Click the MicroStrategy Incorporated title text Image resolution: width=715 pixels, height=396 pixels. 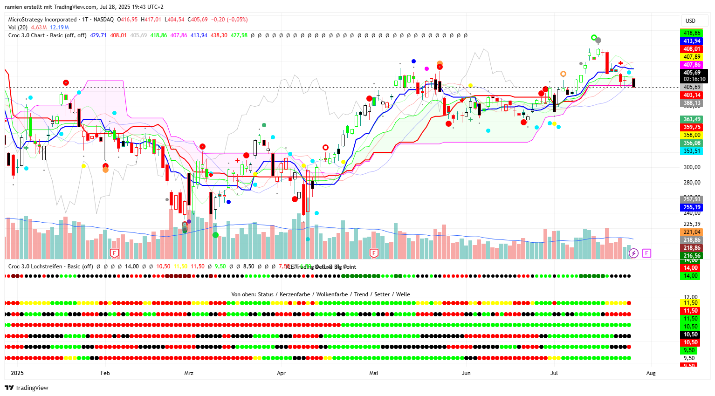pos(42,20)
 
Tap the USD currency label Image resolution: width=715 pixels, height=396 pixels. pos(690,21)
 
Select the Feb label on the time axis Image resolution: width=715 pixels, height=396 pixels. pos(105,373)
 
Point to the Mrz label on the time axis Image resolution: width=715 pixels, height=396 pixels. pos(189,373)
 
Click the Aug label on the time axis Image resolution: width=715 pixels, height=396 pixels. pos(651,373)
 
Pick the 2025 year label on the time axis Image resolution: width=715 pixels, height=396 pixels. pos(17,373)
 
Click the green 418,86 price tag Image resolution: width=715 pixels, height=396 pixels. pos(692,33)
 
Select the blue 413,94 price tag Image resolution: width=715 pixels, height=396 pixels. pos(692,41)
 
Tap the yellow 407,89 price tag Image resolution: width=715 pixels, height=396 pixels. pos(692,57)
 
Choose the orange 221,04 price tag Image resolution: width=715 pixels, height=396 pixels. pos(692,232)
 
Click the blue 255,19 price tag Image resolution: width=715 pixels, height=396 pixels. pos(692,207)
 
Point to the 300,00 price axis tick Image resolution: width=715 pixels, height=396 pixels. pos(692,167)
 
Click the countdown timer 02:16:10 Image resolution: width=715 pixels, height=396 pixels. pos(694,79)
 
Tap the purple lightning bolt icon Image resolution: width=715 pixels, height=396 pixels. pos(633,253)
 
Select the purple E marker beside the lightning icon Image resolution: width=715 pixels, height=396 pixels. pos(646,253)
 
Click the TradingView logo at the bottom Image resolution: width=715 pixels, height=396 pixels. pos(27,388)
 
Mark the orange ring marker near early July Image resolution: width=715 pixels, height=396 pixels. pos(563,74)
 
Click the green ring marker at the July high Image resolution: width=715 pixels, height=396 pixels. pos(593,38)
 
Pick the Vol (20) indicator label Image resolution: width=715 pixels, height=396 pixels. pos(18,27)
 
